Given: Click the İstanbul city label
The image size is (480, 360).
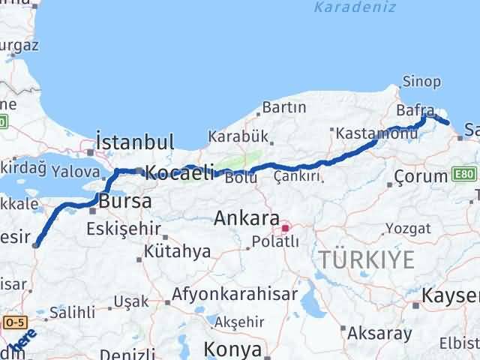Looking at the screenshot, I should [135, 142].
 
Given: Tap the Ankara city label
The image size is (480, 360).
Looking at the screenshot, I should [246, 219].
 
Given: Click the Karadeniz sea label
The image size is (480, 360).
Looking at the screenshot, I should [343, 7].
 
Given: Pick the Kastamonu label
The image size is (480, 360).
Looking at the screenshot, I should [365, 133].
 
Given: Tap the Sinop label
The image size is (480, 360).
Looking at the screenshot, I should [417, 81].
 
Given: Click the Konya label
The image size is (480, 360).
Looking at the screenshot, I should [235, 349].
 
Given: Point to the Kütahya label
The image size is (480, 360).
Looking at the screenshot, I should [178, 251].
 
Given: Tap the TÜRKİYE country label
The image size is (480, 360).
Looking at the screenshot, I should [366, 260].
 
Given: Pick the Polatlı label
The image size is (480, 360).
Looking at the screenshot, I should [275, 241].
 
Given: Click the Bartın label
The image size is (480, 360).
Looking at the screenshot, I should [284, 107].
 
